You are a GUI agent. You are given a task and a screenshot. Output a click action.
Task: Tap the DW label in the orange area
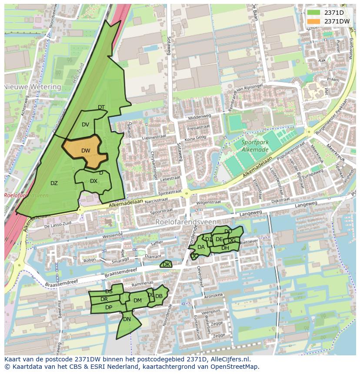86,151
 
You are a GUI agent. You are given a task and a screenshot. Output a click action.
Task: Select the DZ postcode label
54,183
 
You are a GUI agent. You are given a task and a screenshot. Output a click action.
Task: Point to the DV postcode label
85,125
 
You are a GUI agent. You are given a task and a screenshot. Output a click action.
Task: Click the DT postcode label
101,107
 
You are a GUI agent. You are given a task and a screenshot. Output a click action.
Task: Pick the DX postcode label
93,181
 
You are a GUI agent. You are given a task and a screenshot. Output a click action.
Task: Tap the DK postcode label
166,264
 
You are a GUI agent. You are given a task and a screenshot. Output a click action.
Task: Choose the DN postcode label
127,319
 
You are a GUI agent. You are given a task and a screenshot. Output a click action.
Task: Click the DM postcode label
137,300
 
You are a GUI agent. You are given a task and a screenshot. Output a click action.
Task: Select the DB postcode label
159,296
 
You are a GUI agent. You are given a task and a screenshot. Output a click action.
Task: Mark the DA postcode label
201,247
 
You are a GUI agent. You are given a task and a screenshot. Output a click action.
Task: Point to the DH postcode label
225,248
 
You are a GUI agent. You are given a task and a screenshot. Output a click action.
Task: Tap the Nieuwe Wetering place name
33,87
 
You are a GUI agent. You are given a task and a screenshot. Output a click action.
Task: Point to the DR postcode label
104,299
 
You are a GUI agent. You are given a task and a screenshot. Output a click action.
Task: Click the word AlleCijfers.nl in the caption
230,359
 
